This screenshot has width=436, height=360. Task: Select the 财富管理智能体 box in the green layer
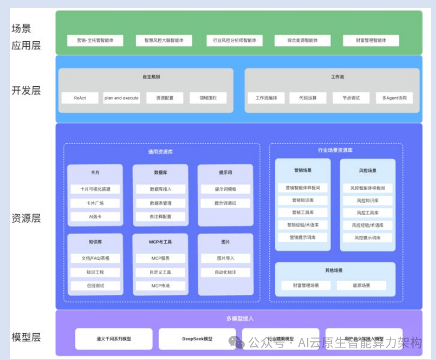[371, 41]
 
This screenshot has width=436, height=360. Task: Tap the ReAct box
[80, 98]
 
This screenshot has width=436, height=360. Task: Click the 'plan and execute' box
[121, 98]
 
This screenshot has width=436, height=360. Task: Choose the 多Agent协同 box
[395, 98]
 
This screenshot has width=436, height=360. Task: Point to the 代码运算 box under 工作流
[308, 98]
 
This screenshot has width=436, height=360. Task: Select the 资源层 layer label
[26, 218]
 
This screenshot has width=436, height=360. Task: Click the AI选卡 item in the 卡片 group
[95, 217]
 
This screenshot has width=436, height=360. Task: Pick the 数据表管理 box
[160, 203]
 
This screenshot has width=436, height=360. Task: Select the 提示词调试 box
[226, 203]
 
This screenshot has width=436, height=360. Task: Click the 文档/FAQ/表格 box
[95, 258]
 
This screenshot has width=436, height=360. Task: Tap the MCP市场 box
[160, 286]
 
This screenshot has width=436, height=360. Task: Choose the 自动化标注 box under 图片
[226, 272]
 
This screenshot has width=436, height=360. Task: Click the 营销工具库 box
[303, 213]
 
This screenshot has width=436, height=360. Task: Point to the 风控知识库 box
[368, 201]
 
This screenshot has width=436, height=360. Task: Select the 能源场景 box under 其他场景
[361, 286]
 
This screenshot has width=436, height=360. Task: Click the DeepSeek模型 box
[197, 339]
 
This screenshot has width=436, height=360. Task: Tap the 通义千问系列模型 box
[114, 339]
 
